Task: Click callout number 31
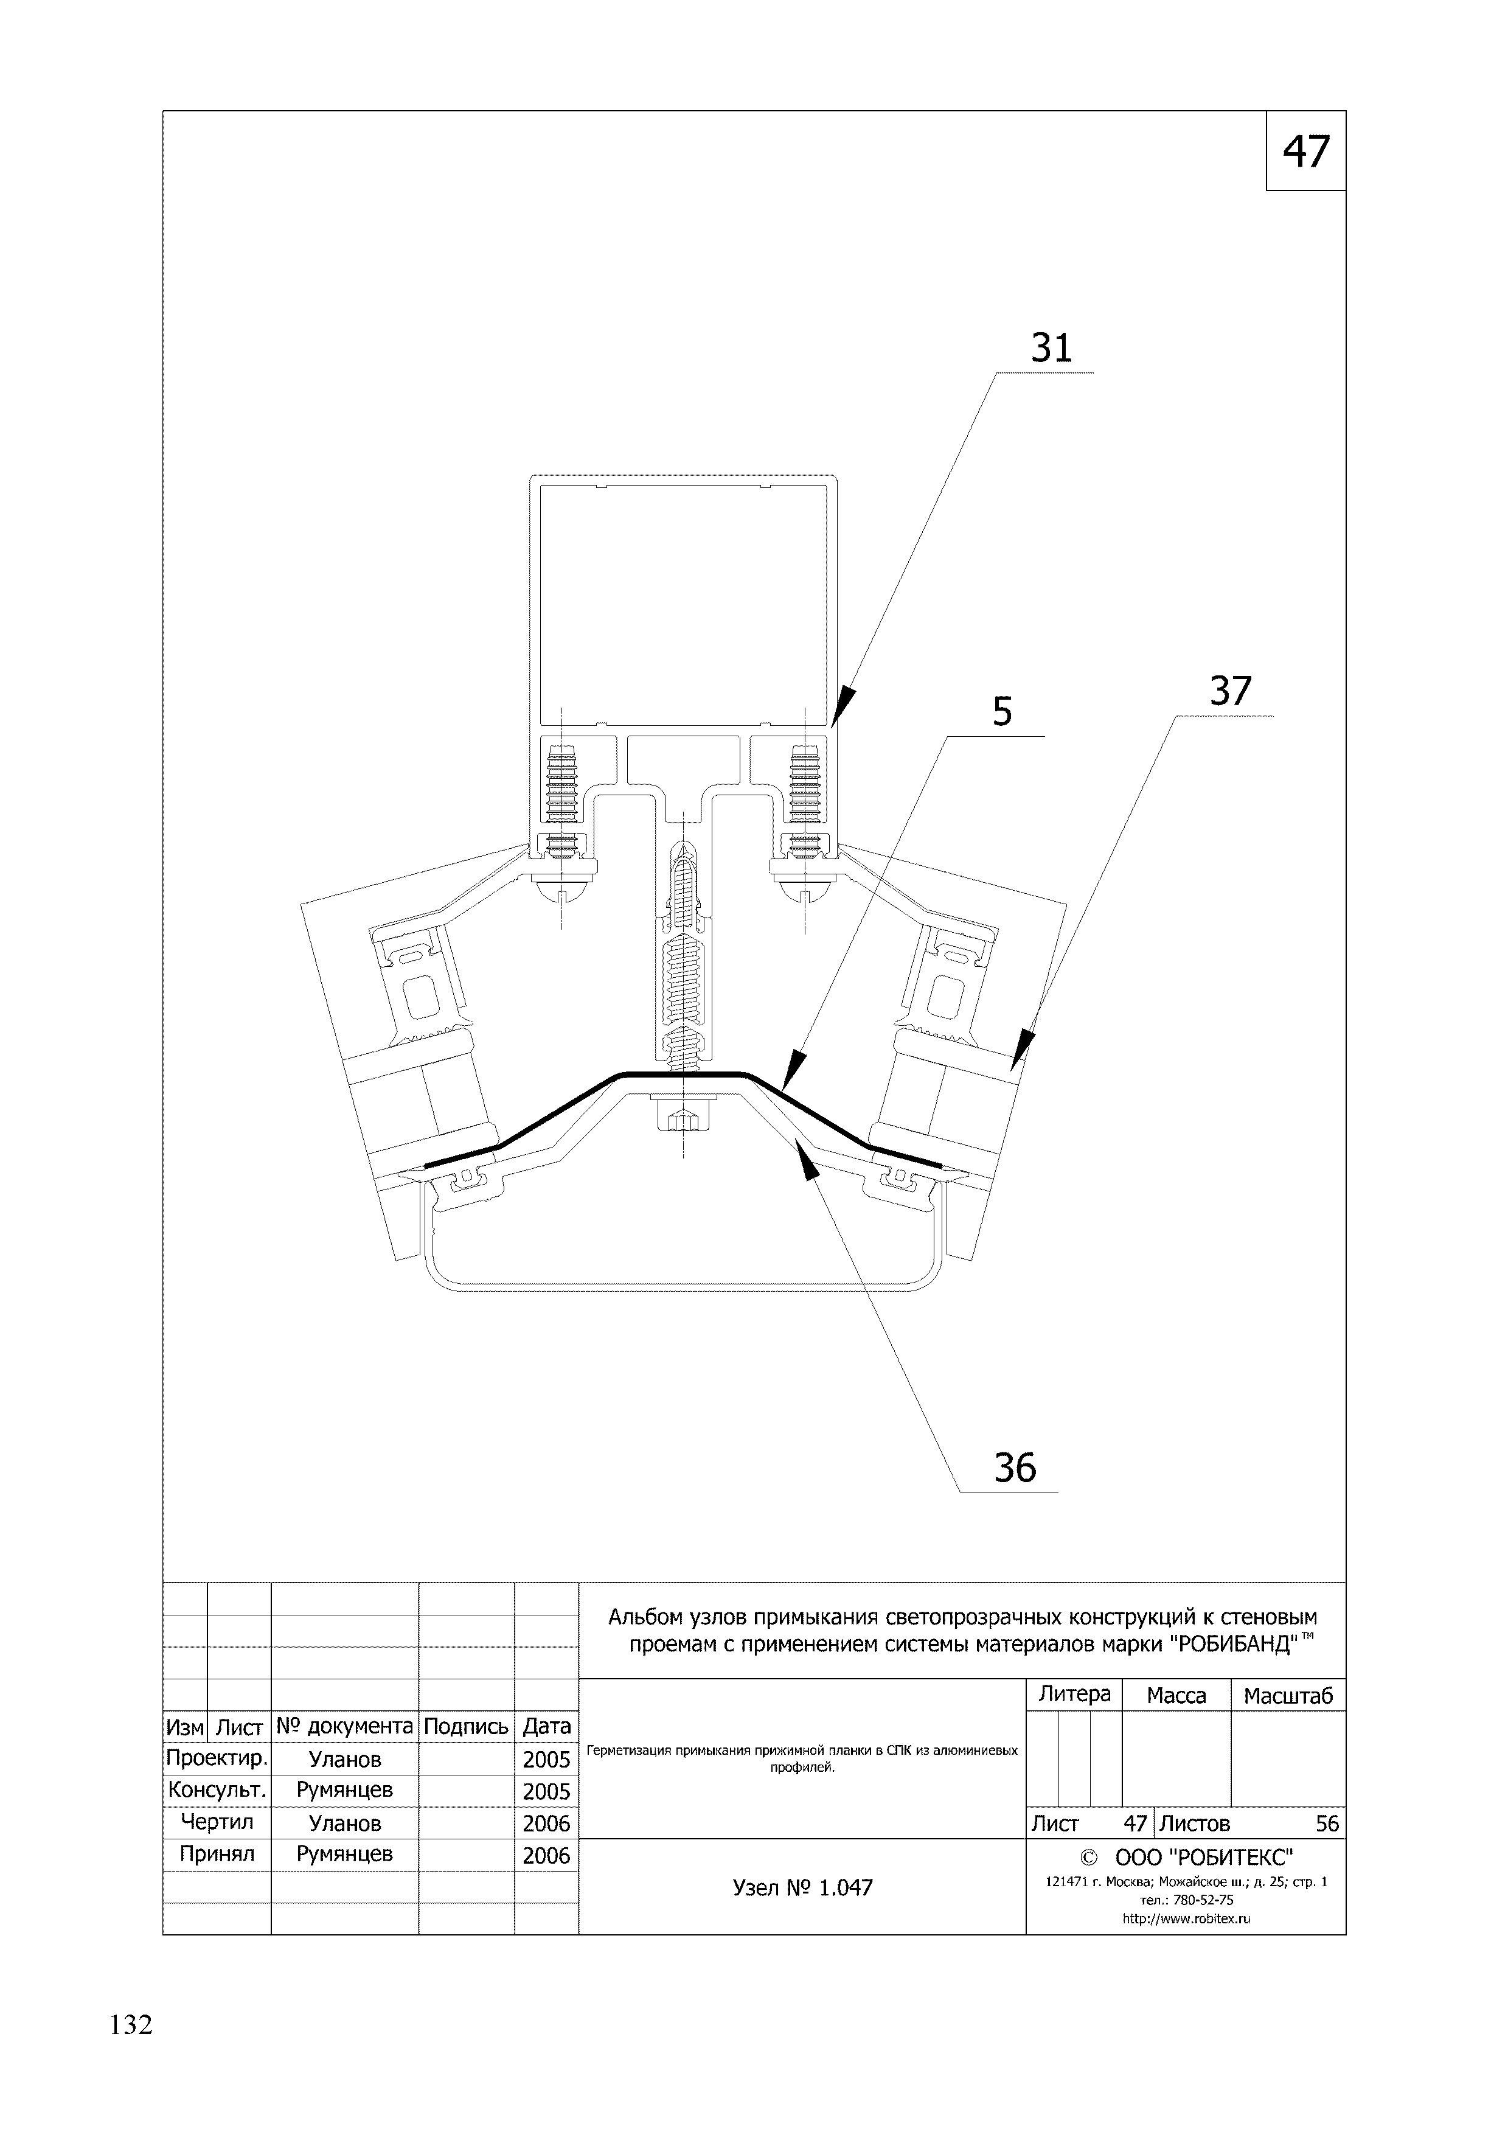1051,348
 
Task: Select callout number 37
1231,692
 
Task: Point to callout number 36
1014,1468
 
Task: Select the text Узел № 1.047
802,1888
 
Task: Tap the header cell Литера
1074,1695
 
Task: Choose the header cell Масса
1176,1696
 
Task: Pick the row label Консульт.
217,1789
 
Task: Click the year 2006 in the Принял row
546,1855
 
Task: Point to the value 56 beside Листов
1327,1823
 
